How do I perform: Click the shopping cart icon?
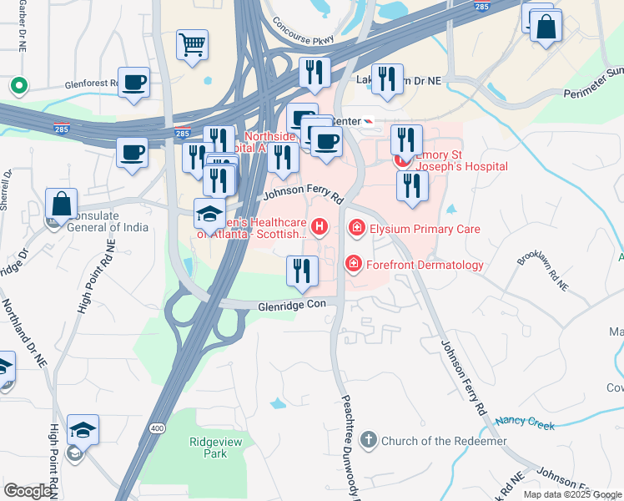192,45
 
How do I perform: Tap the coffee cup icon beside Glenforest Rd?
133,83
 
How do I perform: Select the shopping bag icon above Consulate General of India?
62,204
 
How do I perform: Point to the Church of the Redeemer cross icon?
368,440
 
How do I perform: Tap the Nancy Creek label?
525,423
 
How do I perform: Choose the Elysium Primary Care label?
425,228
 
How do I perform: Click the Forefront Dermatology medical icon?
354,265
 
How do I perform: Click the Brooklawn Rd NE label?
541,270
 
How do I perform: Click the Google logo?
28,491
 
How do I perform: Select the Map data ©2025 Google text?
572,494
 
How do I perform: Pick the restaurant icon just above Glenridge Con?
301,270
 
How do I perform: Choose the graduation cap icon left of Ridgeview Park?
83,430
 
